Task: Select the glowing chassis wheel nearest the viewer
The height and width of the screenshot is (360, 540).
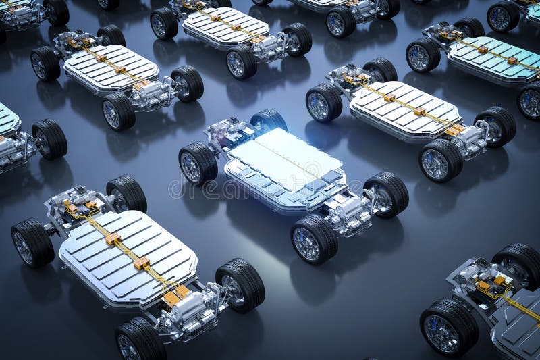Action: click(x=314, y=239)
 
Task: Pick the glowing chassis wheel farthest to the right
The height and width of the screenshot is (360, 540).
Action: click(x=386, y=194)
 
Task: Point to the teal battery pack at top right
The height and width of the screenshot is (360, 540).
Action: click(x=493, y=59)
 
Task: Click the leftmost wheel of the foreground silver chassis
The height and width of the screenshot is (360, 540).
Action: click(x=32, y=242)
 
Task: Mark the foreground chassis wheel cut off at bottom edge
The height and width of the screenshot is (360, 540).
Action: click(x=140, y=340)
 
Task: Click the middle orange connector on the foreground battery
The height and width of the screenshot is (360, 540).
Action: click(x=141, y=263)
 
